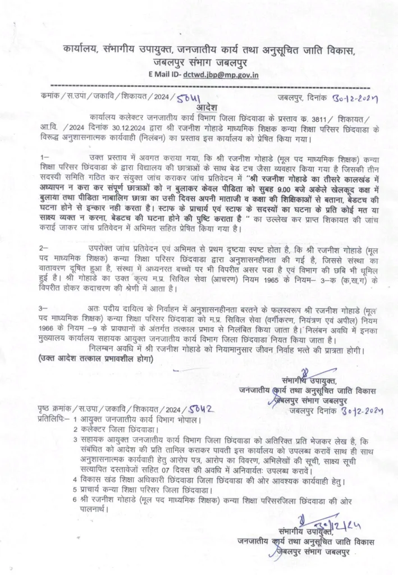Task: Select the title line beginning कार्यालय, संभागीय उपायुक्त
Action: (x=199, y=49)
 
